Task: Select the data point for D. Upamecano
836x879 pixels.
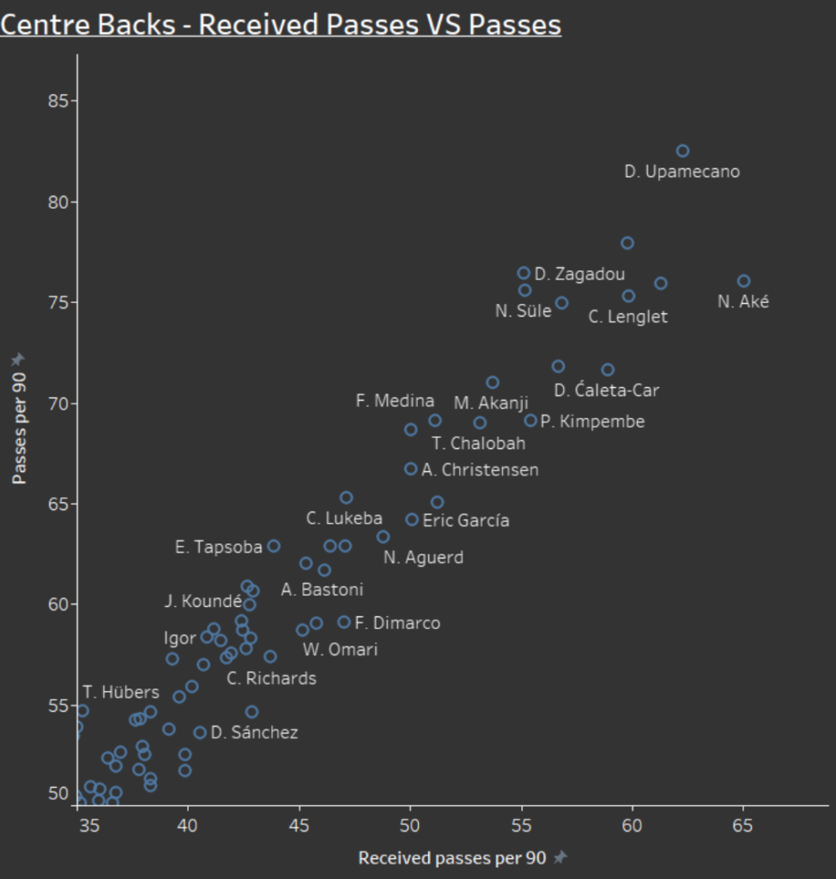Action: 682,151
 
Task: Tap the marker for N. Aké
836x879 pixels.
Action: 743,282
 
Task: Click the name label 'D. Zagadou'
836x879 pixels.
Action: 579,275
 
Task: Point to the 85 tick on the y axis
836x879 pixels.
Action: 57,101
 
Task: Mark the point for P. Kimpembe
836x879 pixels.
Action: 530,421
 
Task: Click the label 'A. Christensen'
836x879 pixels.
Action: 480,470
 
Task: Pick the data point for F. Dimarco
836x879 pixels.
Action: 344,622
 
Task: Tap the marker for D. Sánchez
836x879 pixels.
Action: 200,732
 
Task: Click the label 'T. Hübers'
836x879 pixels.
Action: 121,692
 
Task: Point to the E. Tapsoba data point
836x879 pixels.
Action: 274,546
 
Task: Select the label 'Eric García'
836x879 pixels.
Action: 466,520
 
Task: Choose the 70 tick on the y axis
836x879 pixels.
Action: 57,403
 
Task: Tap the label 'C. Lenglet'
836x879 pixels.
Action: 627,317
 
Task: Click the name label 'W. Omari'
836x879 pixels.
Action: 340,650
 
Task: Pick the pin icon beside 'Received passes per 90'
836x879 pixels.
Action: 561,858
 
